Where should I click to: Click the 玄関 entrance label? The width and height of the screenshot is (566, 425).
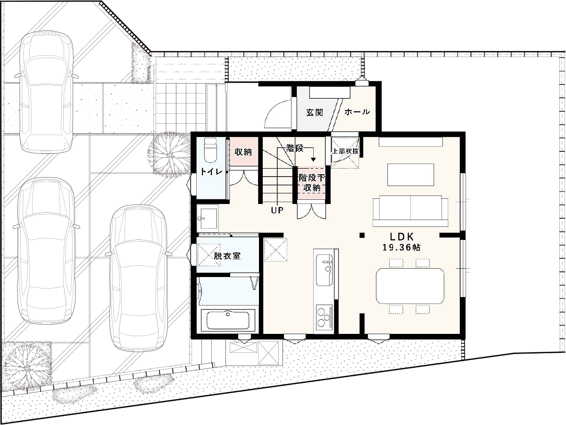pyautogui.click(x=315, y=112)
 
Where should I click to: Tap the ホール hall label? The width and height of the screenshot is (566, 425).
pyautogui.click(x=357, y=112)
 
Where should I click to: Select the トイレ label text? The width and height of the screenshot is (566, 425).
pyautogui.click(x=211, y=171)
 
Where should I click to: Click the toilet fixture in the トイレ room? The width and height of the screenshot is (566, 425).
pyautogui.click(x=210, y=150)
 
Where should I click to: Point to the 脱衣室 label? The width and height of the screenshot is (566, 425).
pyautogui.click(x=227, y=256)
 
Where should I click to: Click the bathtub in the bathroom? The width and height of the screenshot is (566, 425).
pyautogui.click(x=228, y=321)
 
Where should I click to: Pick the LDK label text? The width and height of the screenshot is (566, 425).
pyautogui.click(x=401, y=237)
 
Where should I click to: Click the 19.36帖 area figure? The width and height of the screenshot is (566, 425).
pyautogui.click(x=401, y=248)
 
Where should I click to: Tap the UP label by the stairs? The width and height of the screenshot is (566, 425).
pyautogui.click(x=277, y=211)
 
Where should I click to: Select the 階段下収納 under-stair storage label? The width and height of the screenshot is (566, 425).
pyautogui.click(x=311, y=183)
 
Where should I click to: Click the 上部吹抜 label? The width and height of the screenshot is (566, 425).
pyautogui.click(x=345, y=151)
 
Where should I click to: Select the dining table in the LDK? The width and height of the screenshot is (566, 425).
pyautogui.click(x=410, y=286)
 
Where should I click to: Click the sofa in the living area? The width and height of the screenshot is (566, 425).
pyautogui.click(x=410, y=211)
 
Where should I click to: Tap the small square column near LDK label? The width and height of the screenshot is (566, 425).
pyautogui.click(x=362, y=235)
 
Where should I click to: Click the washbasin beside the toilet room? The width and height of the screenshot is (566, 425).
pyautogui.click(x=208, y=218)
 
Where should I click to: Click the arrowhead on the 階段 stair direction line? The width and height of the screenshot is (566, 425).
pyautogui.click(x=313, y=160)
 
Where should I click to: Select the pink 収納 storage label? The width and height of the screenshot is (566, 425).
pyautogui.click(x=243, y=152)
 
